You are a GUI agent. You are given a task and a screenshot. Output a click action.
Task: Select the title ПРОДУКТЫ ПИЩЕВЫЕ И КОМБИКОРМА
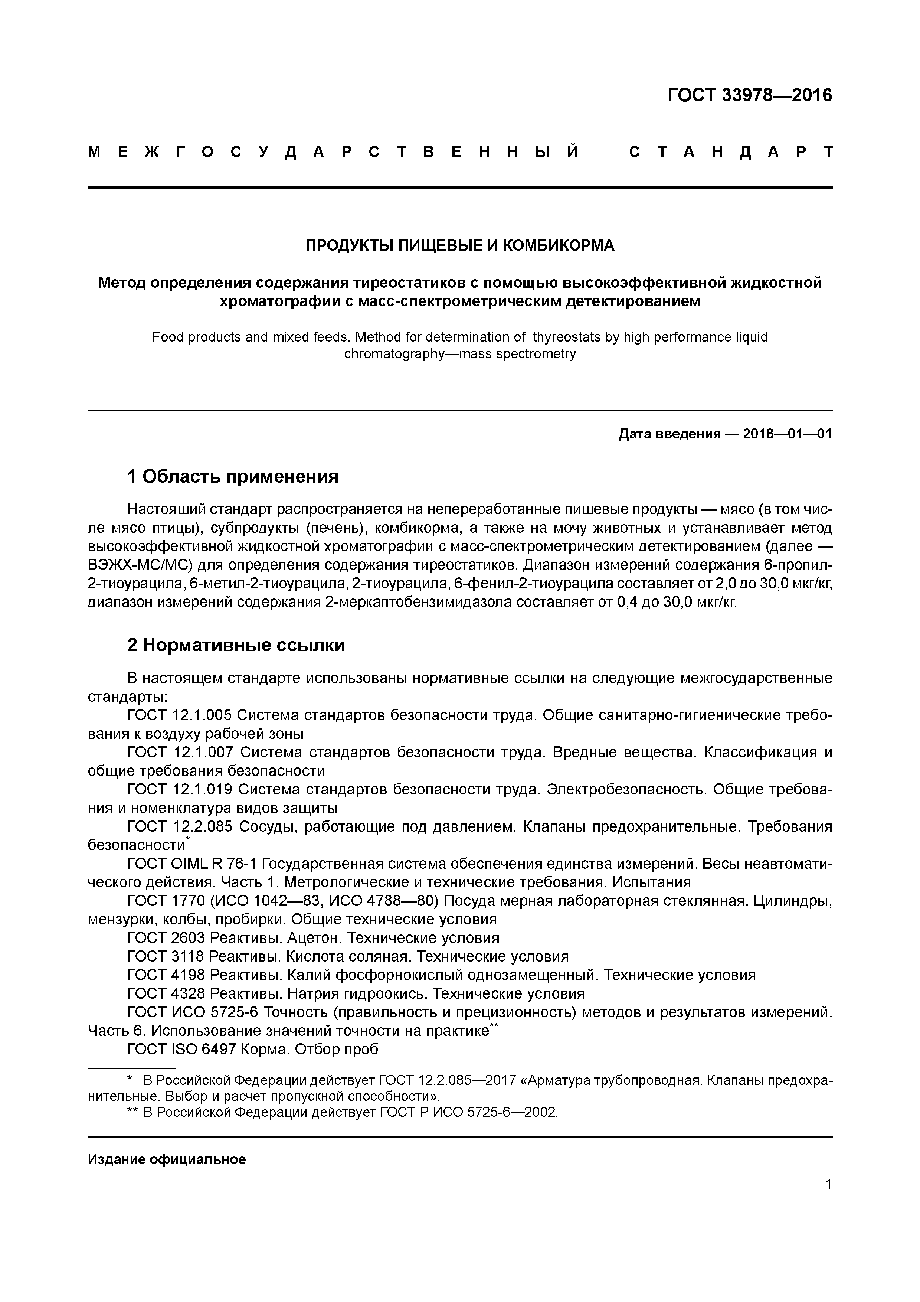(x=460, y=245)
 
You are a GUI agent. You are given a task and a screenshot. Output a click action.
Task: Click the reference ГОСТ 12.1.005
(x=180, y=716)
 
